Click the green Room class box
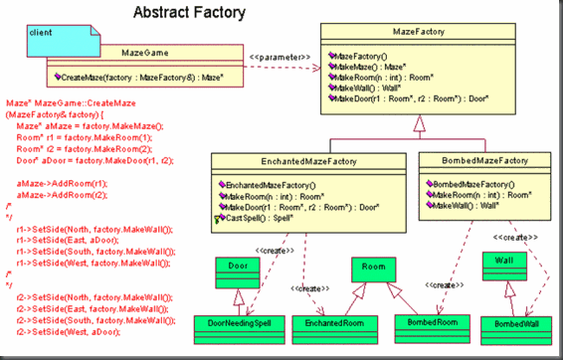(x=373, y=268)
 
